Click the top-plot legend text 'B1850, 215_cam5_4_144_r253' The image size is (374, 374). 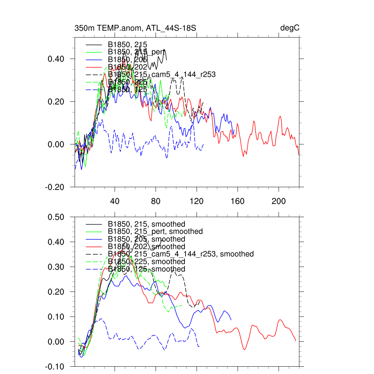(x=162, y=75)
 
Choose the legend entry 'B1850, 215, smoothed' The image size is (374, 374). (x=146, y=224)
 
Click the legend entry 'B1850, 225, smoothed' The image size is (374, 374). (x=146, y=262)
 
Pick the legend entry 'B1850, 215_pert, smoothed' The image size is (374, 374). (x=155, y=232)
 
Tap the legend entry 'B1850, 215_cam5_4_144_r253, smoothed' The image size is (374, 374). (x=181, y=254)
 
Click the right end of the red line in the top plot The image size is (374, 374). (x=299, y=155)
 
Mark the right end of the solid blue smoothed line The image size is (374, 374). (x=231, y=320)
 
